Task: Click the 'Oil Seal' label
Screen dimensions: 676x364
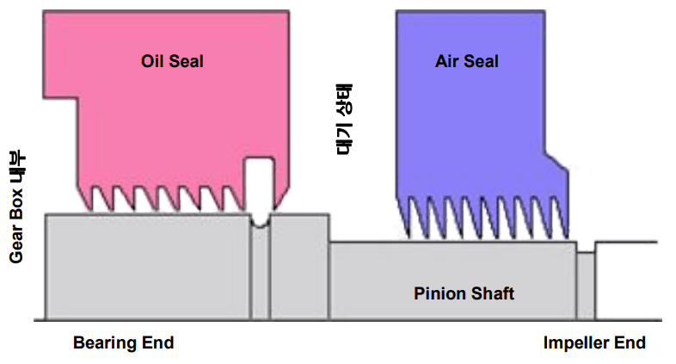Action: (x=172, y=61)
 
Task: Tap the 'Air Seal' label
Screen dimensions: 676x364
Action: (x=466, y=61)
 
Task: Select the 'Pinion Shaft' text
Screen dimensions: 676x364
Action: (x=464, y=293)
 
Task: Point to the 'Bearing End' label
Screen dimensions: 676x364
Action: (x=123, y=342)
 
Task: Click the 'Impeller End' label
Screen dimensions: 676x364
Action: (x=594, y=342)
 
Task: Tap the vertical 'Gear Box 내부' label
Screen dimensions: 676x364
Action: (x=17, y=207)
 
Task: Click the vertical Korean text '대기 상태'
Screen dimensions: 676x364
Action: (x=344, y=119)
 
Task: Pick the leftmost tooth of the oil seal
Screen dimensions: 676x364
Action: (x=86, y=199)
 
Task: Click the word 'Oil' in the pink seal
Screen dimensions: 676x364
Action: (x=152, y=61)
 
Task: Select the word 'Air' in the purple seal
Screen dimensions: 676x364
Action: (x=447, y=61)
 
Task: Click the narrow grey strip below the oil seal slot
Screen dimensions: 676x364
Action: (x=260, y=272)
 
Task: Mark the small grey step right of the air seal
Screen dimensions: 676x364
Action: (x=586, y=287)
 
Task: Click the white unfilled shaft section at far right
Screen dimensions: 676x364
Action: (x=628, y=281)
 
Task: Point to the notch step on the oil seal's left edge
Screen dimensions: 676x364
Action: (x=77, y=98)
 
